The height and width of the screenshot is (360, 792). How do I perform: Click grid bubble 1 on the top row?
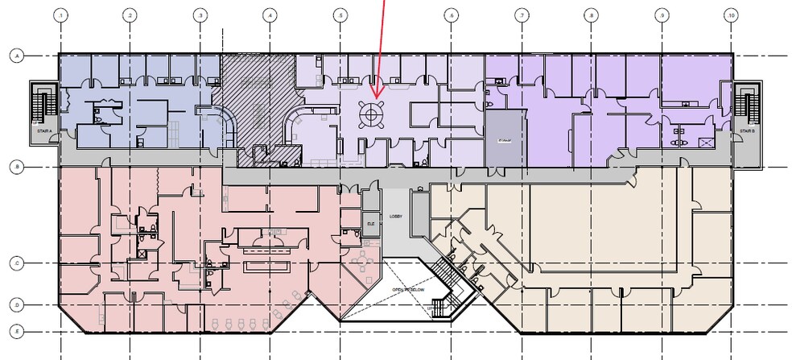click(60, 15)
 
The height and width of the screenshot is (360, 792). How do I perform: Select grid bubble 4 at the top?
click(270, 15)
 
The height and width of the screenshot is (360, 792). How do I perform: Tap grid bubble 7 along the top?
click(522, 15)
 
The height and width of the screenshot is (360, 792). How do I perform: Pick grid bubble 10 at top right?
click(732, 15)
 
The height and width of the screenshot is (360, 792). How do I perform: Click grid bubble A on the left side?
click(15, 56)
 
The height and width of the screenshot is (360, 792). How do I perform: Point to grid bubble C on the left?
click(15, 263)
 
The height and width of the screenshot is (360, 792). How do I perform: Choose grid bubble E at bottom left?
click(15, 331)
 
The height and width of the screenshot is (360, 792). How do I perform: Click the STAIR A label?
click(43, 130)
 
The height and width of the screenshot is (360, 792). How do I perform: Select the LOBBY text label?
click(396, 217)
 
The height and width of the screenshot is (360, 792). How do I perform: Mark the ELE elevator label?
click(371, 224)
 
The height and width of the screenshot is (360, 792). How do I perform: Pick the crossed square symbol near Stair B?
click(707, 143)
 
